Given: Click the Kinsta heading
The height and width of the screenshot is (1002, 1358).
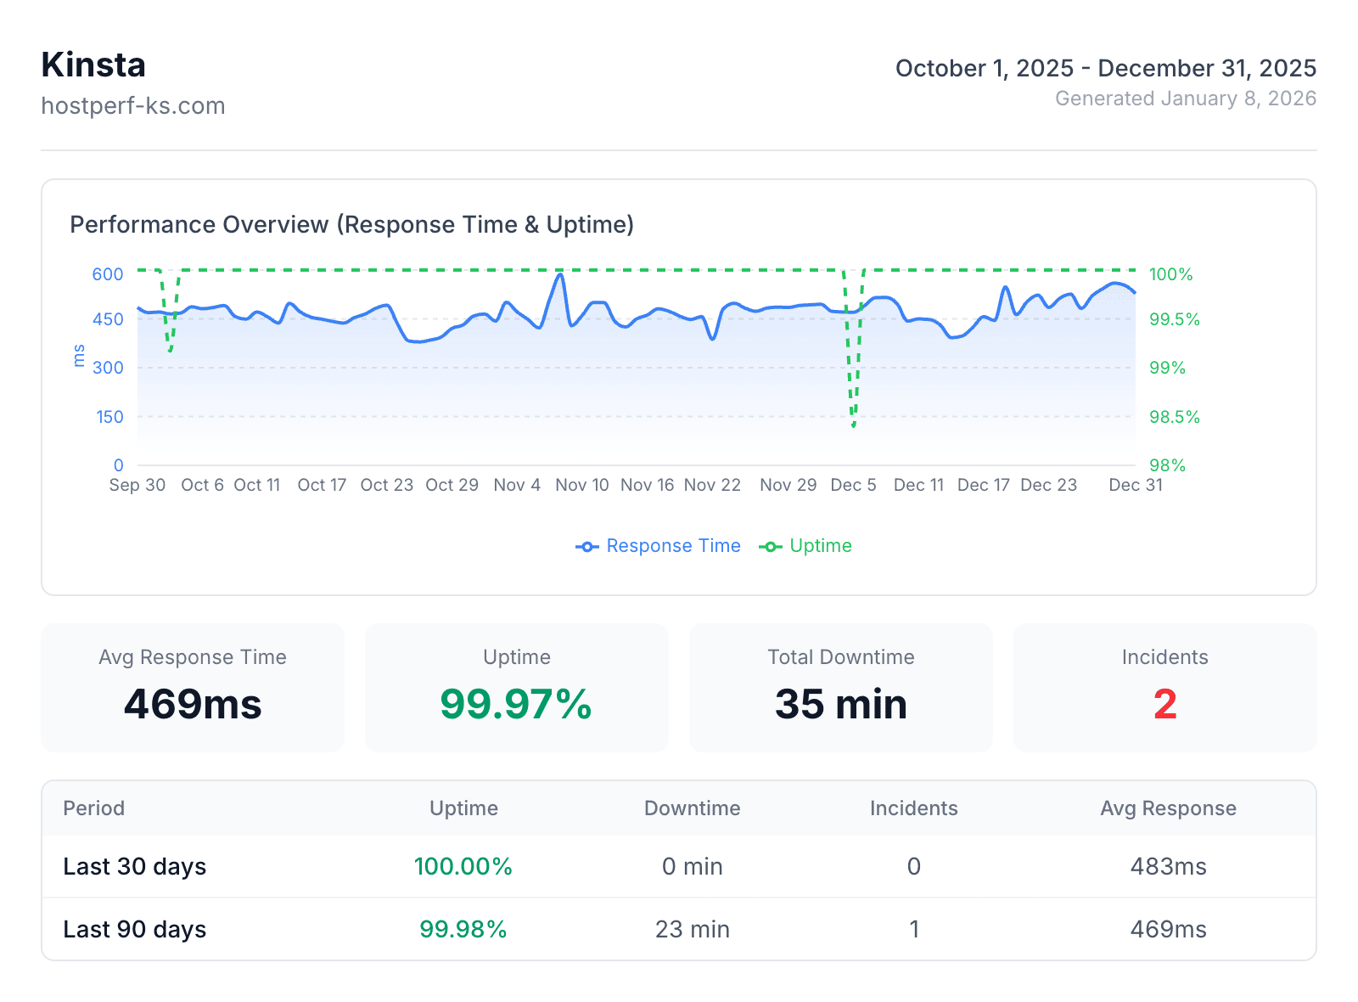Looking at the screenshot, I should pos(93,65).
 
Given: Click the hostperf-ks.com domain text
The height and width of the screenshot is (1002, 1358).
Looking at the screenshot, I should pos(133,106).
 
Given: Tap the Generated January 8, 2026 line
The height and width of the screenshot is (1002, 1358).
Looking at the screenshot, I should pos(1185,99).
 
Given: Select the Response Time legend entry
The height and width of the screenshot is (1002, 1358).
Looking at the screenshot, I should pos(658,546).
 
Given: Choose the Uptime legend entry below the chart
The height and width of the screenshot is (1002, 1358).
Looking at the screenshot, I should pos(805,546).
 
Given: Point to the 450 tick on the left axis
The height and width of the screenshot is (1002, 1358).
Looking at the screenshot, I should pos(108,320).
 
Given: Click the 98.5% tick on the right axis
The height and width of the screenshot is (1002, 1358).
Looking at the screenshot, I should pos(1174,417).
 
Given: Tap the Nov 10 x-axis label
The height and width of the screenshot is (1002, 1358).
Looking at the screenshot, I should pos(582,485).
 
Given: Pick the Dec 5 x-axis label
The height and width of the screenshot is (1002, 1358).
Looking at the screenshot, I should pos(853,485).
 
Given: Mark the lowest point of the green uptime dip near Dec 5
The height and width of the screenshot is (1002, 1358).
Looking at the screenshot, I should pos(854,425).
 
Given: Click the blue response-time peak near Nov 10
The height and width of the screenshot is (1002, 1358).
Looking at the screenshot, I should pos(560,274).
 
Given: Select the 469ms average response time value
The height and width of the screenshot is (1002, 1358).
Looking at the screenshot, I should pos(193,704).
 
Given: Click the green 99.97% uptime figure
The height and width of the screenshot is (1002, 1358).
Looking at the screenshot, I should pos(516,704).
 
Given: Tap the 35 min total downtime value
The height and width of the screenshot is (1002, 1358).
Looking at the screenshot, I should pos(840,704).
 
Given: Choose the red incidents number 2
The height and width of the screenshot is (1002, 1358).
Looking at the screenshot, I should pos(1164,704).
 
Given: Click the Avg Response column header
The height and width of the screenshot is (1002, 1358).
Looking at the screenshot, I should pos(1168,808).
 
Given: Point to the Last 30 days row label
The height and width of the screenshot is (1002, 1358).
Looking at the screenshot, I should pos(134,867).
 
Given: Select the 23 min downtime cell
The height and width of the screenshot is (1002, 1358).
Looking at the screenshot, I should pos(692,930).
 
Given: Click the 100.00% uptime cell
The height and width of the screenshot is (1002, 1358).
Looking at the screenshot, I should pos(463,867).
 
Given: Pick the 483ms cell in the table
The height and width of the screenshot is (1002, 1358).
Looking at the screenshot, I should pos(1168,867).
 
